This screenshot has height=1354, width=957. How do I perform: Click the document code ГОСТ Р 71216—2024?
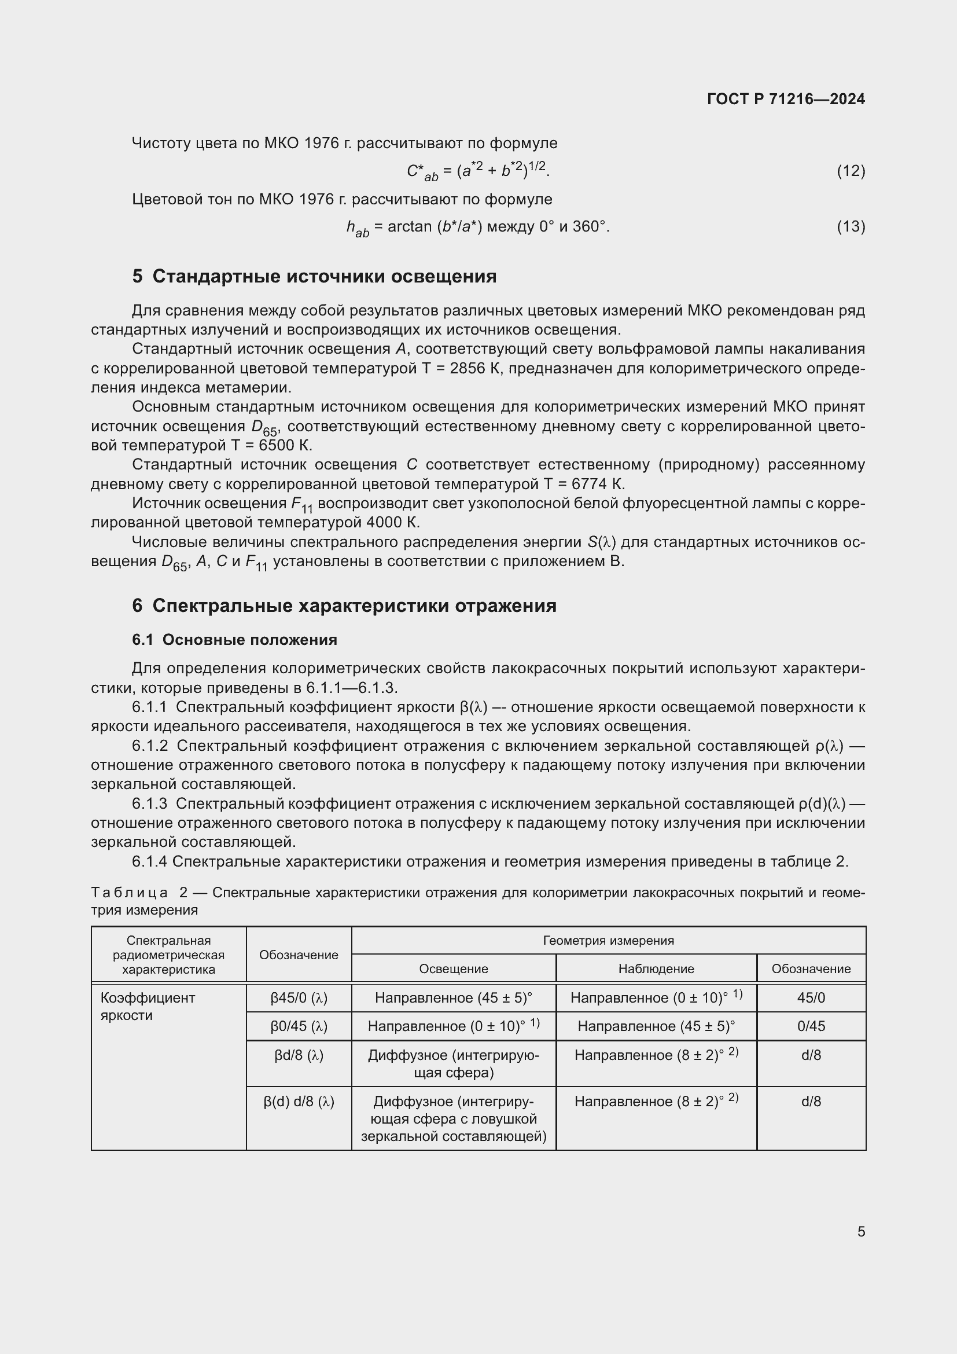[x=786, y=99]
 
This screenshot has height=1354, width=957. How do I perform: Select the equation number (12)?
[x=851, y=171]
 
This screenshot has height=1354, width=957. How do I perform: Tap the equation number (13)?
[x=851, y=226]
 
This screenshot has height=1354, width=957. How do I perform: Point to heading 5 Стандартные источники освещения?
[x=314, y=276]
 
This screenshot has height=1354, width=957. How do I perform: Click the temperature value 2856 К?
[x=475, y=369]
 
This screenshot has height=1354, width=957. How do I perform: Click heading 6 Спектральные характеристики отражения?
[x=344, y=606]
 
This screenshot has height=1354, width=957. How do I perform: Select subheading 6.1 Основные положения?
[x=234, y=640]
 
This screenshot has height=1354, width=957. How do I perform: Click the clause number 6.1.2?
[x=150, y=746]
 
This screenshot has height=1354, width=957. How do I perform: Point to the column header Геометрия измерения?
[x=608, y=941]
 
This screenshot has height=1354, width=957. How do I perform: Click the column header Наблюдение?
[x=656, y=968]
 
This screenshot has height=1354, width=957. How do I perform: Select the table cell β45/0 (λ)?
[x=299, y=998]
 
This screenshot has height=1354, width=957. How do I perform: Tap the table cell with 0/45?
[x=811, y=1026]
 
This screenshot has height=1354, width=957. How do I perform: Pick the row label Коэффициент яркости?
[x=148, y=1006]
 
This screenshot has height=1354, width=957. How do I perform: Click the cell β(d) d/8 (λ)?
[x=299, y=1102]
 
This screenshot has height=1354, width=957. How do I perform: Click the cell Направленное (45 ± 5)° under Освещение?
[x=453, y=998]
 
